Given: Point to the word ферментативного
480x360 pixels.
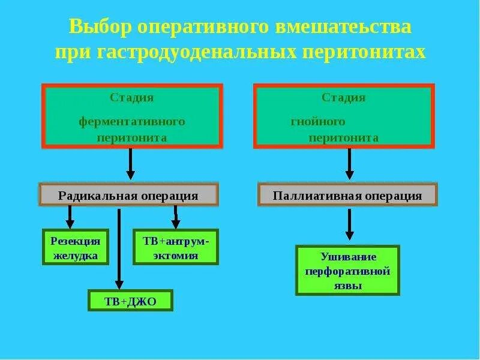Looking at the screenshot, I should click(x=132, y=122).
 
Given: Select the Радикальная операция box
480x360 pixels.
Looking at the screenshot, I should click(x=128, y=196).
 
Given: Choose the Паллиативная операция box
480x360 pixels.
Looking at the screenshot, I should click(x=347, y=196).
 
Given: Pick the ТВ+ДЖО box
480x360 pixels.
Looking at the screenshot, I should click(x=130, y=301).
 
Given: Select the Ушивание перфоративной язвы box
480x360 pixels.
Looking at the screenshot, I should click(x=347, y=271).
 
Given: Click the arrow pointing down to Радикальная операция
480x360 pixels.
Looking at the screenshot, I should click(x=130, y=164).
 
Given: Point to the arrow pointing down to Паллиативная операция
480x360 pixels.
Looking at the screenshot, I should click(x=349, y=164).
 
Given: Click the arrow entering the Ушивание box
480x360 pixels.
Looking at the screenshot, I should click(x=349, y=225).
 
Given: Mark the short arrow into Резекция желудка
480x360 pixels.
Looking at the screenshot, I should click(x=70, y=217).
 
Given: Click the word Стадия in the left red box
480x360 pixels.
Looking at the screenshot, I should click(x=131, y=98).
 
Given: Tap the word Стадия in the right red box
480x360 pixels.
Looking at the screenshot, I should click(x=343, y=98).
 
